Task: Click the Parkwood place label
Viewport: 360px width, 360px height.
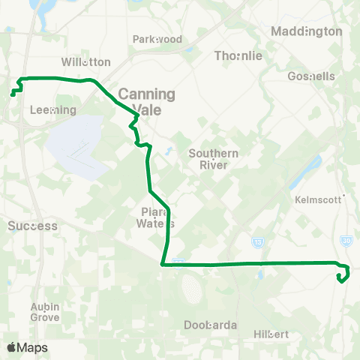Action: [157, 39]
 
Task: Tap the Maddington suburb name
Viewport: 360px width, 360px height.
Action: [306, 31]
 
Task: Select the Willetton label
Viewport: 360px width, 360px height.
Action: [85, 62]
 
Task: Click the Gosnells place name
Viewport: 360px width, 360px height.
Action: [310, 76]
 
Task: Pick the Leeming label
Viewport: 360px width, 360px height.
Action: [52, 109]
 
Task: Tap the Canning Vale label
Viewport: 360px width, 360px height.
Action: [146, 100]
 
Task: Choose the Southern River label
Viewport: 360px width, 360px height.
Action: [214, 159]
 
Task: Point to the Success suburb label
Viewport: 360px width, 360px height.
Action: [32, 225]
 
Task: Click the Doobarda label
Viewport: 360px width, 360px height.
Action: [211, 325]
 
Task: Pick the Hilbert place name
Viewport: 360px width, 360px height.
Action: [271, 332]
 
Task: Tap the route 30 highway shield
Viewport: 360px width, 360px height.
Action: [346, 240]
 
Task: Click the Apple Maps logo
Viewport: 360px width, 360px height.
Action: [26, 347]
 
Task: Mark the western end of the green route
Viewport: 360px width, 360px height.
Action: [11, 94]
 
